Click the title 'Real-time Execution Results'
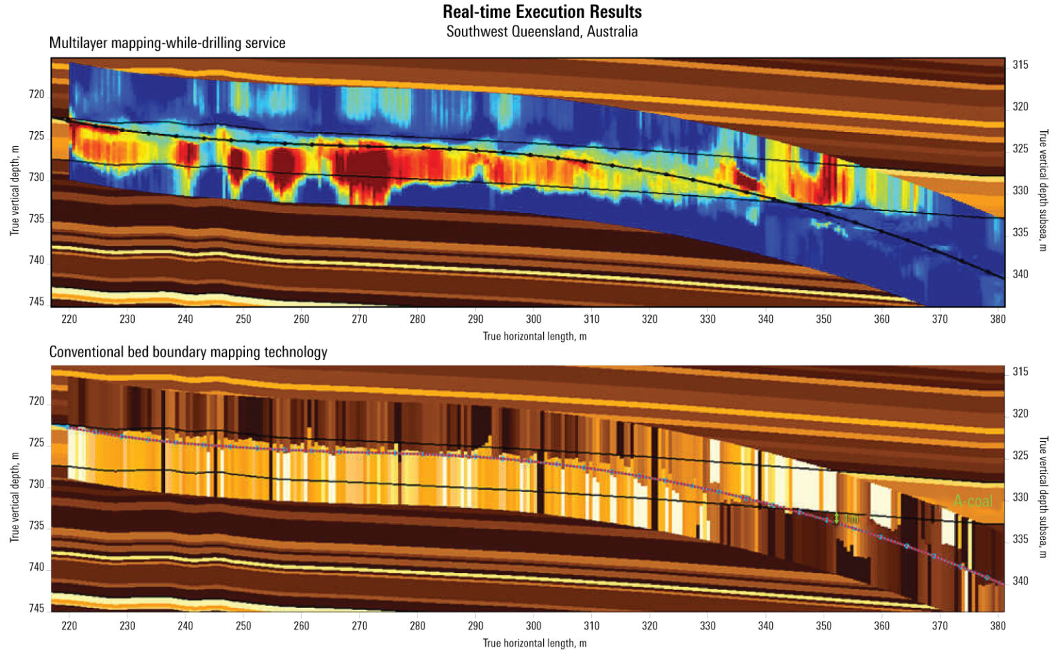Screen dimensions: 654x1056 coord(542,12)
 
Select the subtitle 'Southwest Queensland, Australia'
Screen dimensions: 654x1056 coord(542,32)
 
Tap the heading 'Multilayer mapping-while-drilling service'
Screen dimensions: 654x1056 coord(167,43)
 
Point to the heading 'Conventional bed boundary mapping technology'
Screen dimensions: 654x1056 coord(188,352)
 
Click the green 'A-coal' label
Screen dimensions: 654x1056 coord(973,501)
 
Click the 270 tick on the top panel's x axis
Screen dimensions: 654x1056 coord(360,319)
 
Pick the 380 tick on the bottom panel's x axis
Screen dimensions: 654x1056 coord(998,626)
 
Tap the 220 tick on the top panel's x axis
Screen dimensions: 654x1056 coord(69,319)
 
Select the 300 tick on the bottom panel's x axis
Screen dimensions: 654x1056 coord(533,626)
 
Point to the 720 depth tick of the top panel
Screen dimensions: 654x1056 coord(36,94)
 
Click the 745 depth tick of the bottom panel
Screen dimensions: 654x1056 coord(36,608)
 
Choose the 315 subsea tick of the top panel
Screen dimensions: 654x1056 coord(1020,65)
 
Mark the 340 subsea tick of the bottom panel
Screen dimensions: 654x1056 coord(1020,580)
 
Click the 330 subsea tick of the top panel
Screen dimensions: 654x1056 coord(1020,190)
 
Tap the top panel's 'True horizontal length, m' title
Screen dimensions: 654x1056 coord(534,336)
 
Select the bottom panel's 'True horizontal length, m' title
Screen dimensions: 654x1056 coord(534,643)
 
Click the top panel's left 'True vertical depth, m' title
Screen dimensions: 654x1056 coord(14,190)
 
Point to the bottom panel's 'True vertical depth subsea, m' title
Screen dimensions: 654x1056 coord(1043,497)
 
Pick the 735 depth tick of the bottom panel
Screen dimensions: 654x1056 coord(36,526)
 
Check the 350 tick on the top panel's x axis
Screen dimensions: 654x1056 coord(824,319)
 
